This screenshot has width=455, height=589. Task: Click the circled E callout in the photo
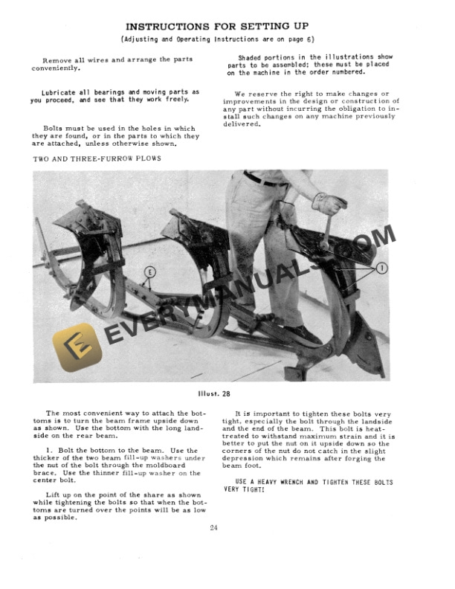point(150,272)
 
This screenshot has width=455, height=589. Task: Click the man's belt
point(265,180)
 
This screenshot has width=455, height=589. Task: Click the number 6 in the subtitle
point(331,39)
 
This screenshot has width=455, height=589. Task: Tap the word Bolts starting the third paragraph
point(57,128)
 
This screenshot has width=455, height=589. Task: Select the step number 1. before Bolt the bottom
point(49,451)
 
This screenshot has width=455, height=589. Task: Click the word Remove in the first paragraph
point(59,59)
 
